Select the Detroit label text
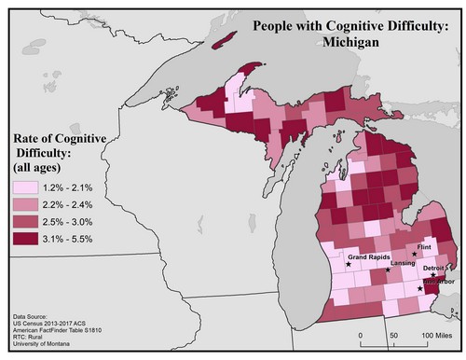(433, 268)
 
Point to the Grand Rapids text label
(368, 256)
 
